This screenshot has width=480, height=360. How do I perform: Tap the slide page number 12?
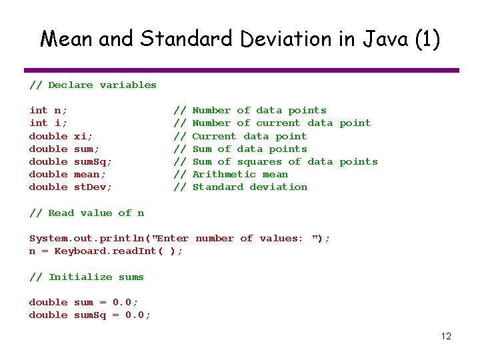click(x=446, y=336)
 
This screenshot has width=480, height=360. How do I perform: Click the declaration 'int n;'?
click(x=48, y=111)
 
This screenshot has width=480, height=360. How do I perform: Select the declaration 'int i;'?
click(x=48, y=123)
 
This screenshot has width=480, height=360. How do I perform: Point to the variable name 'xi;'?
click(x=83, y=136)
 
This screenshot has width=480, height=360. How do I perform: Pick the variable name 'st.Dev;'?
click(x=93, y=187)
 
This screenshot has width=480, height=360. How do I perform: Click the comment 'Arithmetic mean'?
click(x=240, y=175)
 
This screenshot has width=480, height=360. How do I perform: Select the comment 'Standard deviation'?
click(x=250, y=187)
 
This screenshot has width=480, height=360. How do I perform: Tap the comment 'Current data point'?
click(x=249, y=136)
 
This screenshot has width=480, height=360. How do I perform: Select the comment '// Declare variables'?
click(x=93, y=85)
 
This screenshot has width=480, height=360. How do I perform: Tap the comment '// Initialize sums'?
click(x=87, y=277)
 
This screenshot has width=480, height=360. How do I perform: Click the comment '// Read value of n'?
click(x=87, y=213)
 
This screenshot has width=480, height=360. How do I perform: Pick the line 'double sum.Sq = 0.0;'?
click(x=90, y=315)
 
